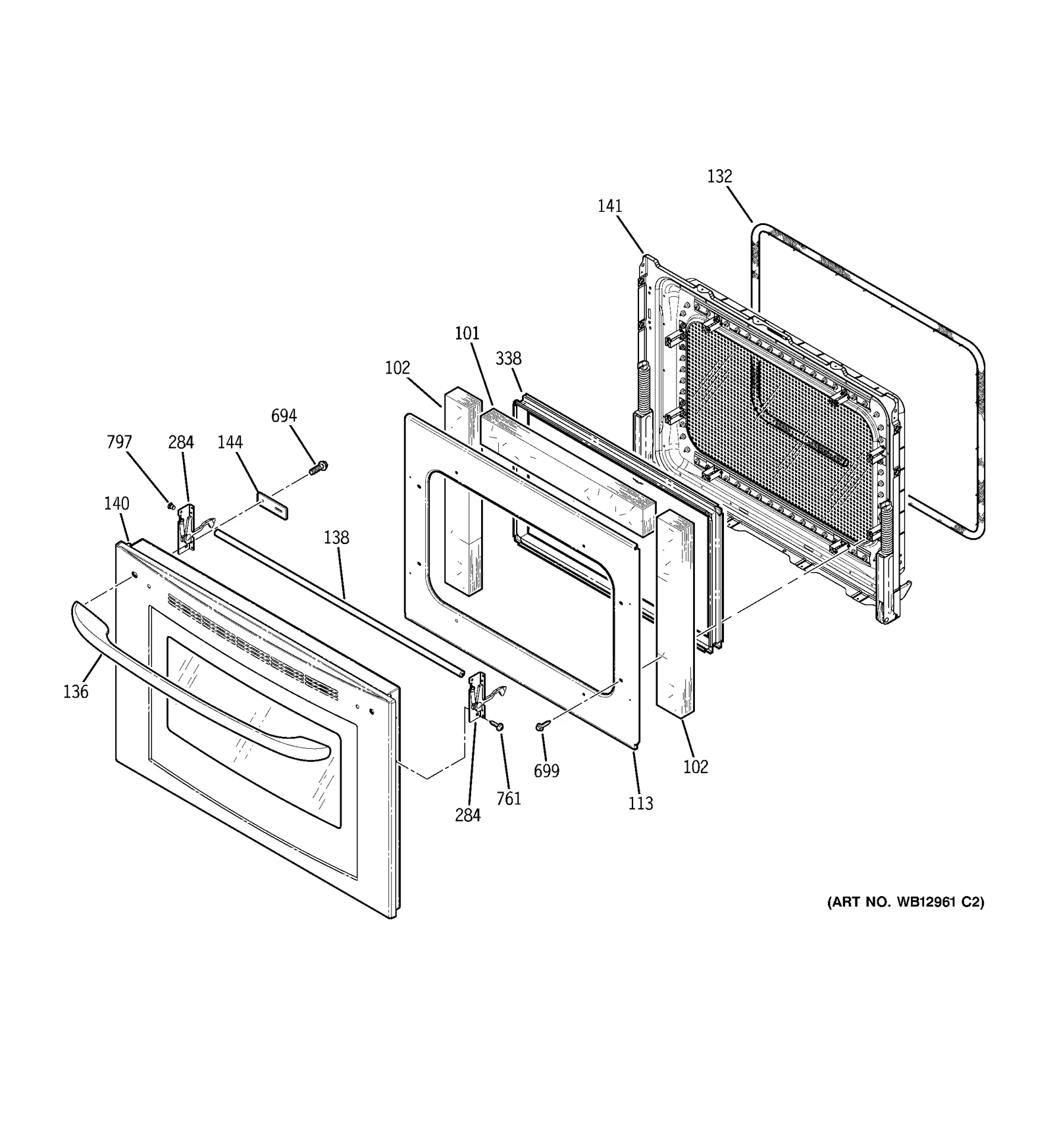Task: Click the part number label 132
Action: pos(719,176)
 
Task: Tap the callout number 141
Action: pos(609,206)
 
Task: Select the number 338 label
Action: pos(508,359)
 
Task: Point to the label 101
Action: pos(467,334)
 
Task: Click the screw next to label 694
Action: pos(319,468)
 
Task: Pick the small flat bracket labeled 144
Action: pos(272,505)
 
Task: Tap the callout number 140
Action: pos(116,504)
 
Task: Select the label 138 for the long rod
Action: pos(336,537)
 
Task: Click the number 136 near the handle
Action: pos(76,691)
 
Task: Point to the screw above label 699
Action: pos(543,724)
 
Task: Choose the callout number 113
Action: pos(640,803)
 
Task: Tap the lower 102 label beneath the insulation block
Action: pos(695,766)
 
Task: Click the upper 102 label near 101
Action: pos(398,368)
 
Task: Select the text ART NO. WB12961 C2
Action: pos(906,902)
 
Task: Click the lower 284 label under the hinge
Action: pos(467,815)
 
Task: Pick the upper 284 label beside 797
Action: pos(180,443)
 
